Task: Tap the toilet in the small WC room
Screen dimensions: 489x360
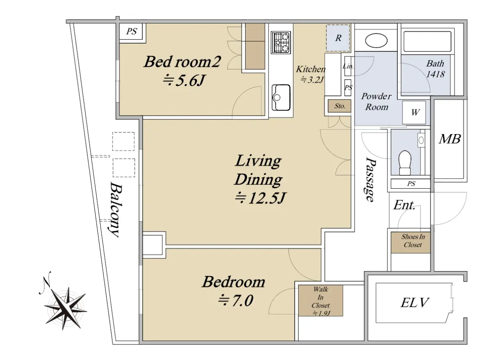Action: point(405,163)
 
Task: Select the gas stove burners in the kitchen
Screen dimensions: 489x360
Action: point(281,42)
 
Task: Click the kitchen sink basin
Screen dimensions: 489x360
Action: point(281,97)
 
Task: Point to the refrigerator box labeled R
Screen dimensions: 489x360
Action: point(338,38)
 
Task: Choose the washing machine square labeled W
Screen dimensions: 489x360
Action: point(414,112)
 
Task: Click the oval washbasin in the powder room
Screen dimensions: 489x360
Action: point(376,40)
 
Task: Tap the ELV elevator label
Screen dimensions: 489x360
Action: point(414,303)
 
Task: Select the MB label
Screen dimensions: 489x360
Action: point(450,139)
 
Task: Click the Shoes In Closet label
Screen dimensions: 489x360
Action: point(413,241)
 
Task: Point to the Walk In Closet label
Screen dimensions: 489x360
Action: point(320,301)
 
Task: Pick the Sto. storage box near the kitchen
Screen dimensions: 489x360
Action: point(340,106)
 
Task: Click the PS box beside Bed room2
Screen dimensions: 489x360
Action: point(131,32)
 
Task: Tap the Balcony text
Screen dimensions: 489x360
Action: point(115,209)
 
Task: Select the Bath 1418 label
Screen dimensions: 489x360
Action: point(435,69)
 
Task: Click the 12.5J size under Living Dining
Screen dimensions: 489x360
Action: point(260,198)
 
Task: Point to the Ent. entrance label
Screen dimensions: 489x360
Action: point(404,205)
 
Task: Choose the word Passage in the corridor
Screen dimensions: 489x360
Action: point(370,179)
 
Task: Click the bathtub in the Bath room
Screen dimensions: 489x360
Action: point(427,42)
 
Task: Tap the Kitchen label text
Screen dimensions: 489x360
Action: point(311,69)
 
